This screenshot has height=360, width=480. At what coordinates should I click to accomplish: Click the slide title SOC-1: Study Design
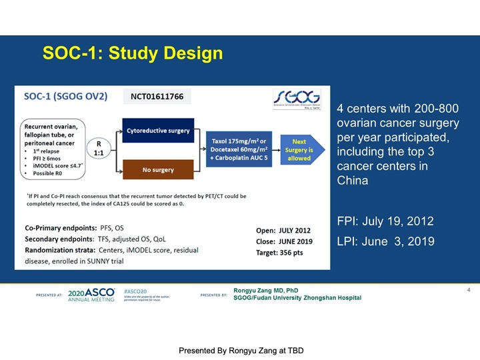click(x=132, y=53)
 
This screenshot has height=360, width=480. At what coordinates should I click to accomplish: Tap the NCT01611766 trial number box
click(x=157, y=97)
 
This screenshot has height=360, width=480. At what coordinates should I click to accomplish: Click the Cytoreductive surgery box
click(x=157, y=131)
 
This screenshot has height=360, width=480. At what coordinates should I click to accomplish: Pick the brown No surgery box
click(x=157, y=170)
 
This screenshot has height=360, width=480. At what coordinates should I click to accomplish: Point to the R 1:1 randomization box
click(x=99, y=149)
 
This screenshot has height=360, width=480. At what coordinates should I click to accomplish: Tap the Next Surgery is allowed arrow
click(x=299, y=150)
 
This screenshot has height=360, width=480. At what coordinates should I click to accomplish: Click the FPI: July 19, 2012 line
click(x=385, y=221)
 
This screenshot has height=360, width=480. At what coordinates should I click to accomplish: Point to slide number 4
click(x=469, y=290)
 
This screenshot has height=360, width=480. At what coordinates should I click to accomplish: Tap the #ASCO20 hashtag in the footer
click(x=135, y=292)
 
